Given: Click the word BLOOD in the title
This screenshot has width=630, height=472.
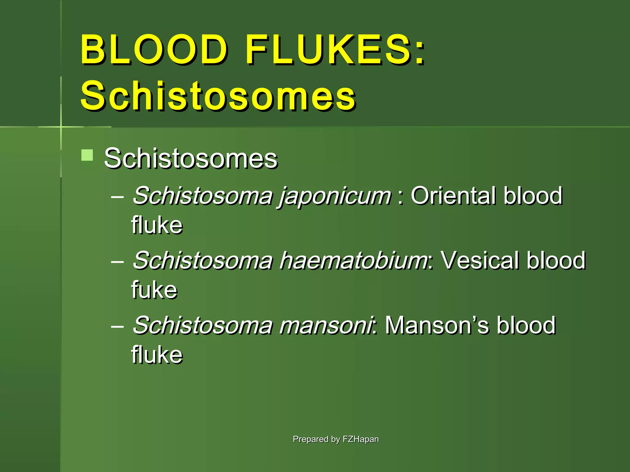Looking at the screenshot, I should (154, 50).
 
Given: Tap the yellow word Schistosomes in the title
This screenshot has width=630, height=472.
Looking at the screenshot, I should (218, 96).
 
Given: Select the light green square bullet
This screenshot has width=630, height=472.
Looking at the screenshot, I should (87, 155).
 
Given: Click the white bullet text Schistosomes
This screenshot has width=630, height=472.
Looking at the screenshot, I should (191, 159).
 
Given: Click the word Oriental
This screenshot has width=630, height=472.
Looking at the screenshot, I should (453, 195).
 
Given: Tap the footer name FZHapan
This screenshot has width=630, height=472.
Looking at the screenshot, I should (361, 439).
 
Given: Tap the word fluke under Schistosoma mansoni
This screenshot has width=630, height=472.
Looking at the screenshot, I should (157, 355).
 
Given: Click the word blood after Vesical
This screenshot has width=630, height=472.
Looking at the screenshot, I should (556, 261).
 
